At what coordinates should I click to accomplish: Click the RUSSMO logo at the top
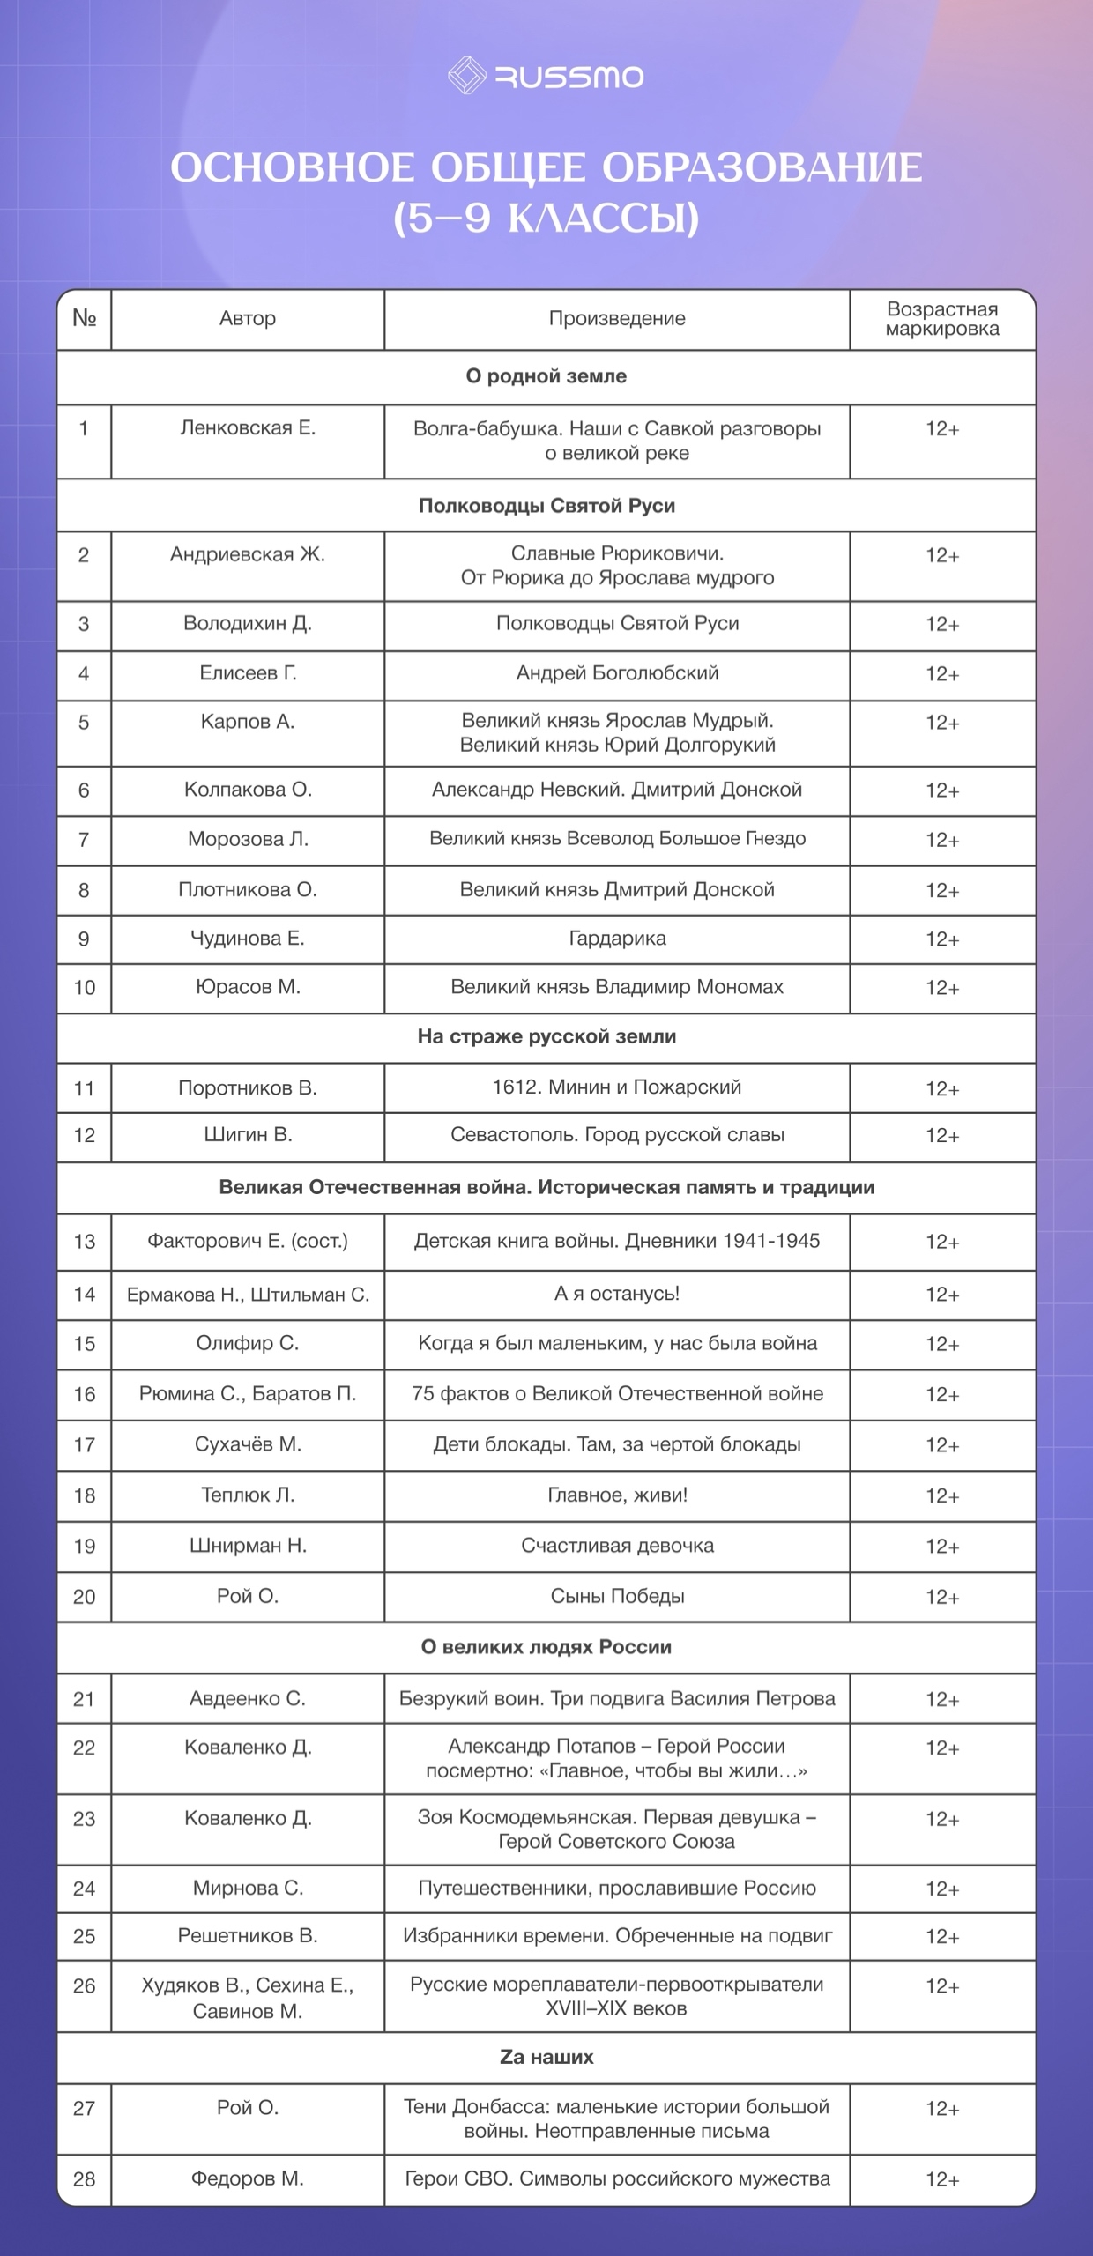(x=546, y=77)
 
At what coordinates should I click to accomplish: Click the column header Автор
(x=248, y=318)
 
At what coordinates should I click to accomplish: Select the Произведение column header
(x=617, y=318)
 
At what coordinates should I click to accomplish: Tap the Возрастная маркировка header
(x=942, y=319)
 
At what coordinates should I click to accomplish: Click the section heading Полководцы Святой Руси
(x=546, y=506)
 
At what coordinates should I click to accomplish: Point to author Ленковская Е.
(x=248, y=428)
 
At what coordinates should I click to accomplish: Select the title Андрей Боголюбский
(x=617, y=673)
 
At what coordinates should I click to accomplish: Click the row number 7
(x=84, y=840)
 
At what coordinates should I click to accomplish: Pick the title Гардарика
(x=617, y=939)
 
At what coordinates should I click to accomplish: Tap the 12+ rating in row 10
(x=942, y=988)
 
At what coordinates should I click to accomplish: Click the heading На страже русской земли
(x=546, y=1036)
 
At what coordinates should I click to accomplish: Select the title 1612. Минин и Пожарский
(x=617, y=1087)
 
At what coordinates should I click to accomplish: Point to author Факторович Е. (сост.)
(x=248, y=1242)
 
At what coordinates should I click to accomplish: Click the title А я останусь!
(x=617, y=1294)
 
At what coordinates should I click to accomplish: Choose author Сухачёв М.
(x=248, y=1444)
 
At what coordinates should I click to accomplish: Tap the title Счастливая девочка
(x=617, y=1546)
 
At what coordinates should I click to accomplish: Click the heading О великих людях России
(x=546, y=1647)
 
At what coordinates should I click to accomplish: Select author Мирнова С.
(x=248, y=1889)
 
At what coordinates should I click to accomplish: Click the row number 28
(x=84, y=2179)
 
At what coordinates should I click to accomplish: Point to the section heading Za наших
(x=546, y=2058)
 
